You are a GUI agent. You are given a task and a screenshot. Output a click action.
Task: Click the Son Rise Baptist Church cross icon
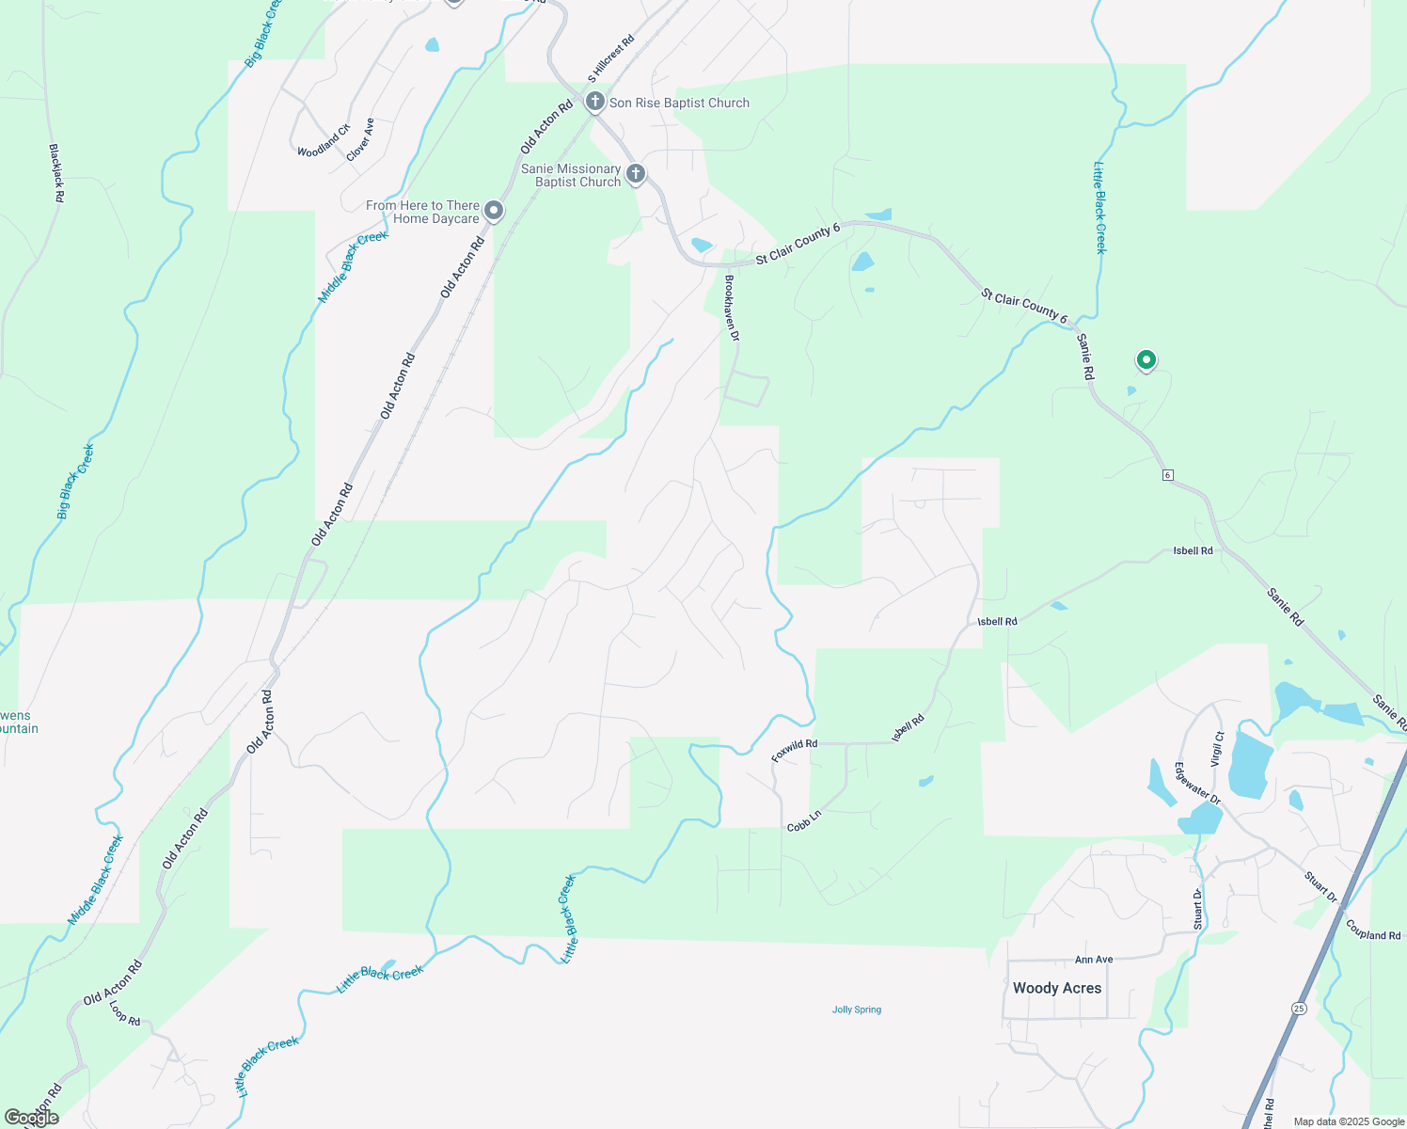pyautogui.click(x=594, y=101)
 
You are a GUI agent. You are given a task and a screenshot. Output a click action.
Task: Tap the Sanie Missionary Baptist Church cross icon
pyautogui.click(x=636, y=173)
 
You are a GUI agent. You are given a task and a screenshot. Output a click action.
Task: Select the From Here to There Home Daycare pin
pyautogui.click(x=493, y=211)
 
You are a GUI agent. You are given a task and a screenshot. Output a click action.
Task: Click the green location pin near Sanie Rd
pyautogui.click(x=1146, y=359)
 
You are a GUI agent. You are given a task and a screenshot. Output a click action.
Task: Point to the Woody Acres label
pyautogui.click(x=1057, y=988)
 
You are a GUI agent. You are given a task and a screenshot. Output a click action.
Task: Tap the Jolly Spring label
pyautogui.click(x=857, y=1010)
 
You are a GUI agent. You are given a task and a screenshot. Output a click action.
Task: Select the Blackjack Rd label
pyautogui.click(x=56, y=173)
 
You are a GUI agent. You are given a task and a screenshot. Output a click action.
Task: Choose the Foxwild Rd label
pyautogui.click(x=794, y=750)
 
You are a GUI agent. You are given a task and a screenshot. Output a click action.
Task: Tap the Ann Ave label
pyautogui.click(x=1094, y=960)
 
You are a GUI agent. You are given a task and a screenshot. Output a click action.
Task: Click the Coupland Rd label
pyautogui.click(x=1373, y=930)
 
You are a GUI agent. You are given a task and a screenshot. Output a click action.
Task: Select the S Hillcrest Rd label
pyautogui.click(x=611, y=58)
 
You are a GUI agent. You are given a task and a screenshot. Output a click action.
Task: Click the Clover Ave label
pyautogui.click(x=361, y=139)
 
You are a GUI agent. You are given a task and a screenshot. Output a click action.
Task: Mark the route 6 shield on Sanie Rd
pyautogui.click(x=1167, y=475)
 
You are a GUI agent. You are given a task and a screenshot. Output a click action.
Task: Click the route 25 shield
pyautogui.click(x=1299, y=1008)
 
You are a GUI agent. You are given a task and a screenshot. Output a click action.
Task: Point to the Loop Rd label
pyautogui.click(x=125, y=1013)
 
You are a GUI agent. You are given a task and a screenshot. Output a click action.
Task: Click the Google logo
pyautogui.click(x=32, y=1118)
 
